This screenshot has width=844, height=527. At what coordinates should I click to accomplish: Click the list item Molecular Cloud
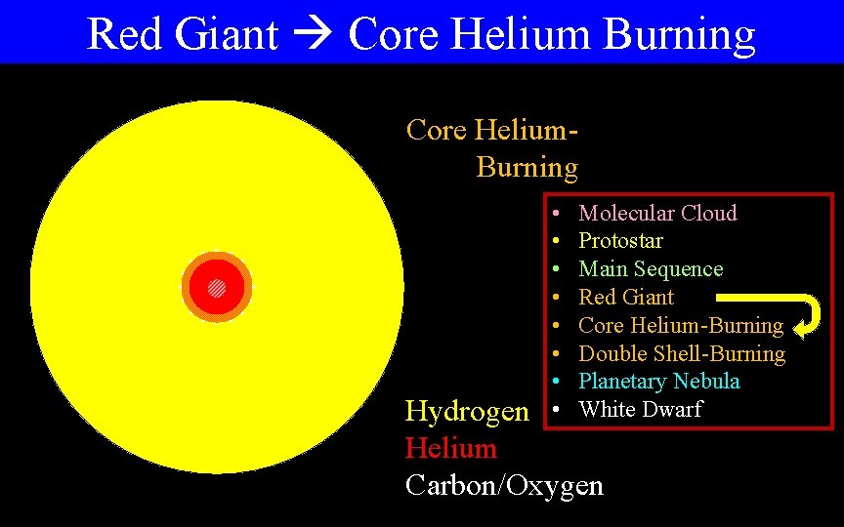click(657, 213)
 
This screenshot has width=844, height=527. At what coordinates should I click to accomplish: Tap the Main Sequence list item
click(651, 269)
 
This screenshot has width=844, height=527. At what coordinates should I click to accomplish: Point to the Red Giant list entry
click(626, 297)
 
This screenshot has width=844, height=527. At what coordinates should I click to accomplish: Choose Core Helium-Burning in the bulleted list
click(681, 325)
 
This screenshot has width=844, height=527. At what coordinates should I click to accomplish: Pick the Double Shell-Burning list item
click(682, 353)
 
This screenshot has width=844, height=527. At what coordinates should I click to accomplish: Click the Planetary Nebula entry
click(659, 382)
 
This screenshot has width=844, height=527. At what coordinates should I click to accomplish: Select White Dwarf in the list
click(640, 410)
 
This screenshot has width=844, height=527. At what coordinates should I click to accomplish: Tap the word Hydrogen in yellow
click(467, 412)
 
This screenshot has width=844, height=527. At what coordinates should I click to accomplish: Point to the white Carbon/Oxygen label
click(504, 486)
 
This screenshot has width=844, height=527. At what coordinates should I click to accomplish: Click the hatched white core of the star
click(217, 288)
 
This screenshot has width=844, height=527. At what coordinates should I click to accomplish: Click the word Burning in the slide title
click(680, 34)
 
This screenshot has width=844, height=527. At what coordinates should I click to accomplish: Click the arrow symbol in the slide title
click(313, 35)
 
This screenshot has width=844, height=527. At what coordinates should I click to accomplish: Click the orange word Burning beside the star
click(527, 168)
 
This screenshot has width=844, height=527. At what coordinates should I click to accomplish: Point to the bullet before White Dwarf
click(555, 409)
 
